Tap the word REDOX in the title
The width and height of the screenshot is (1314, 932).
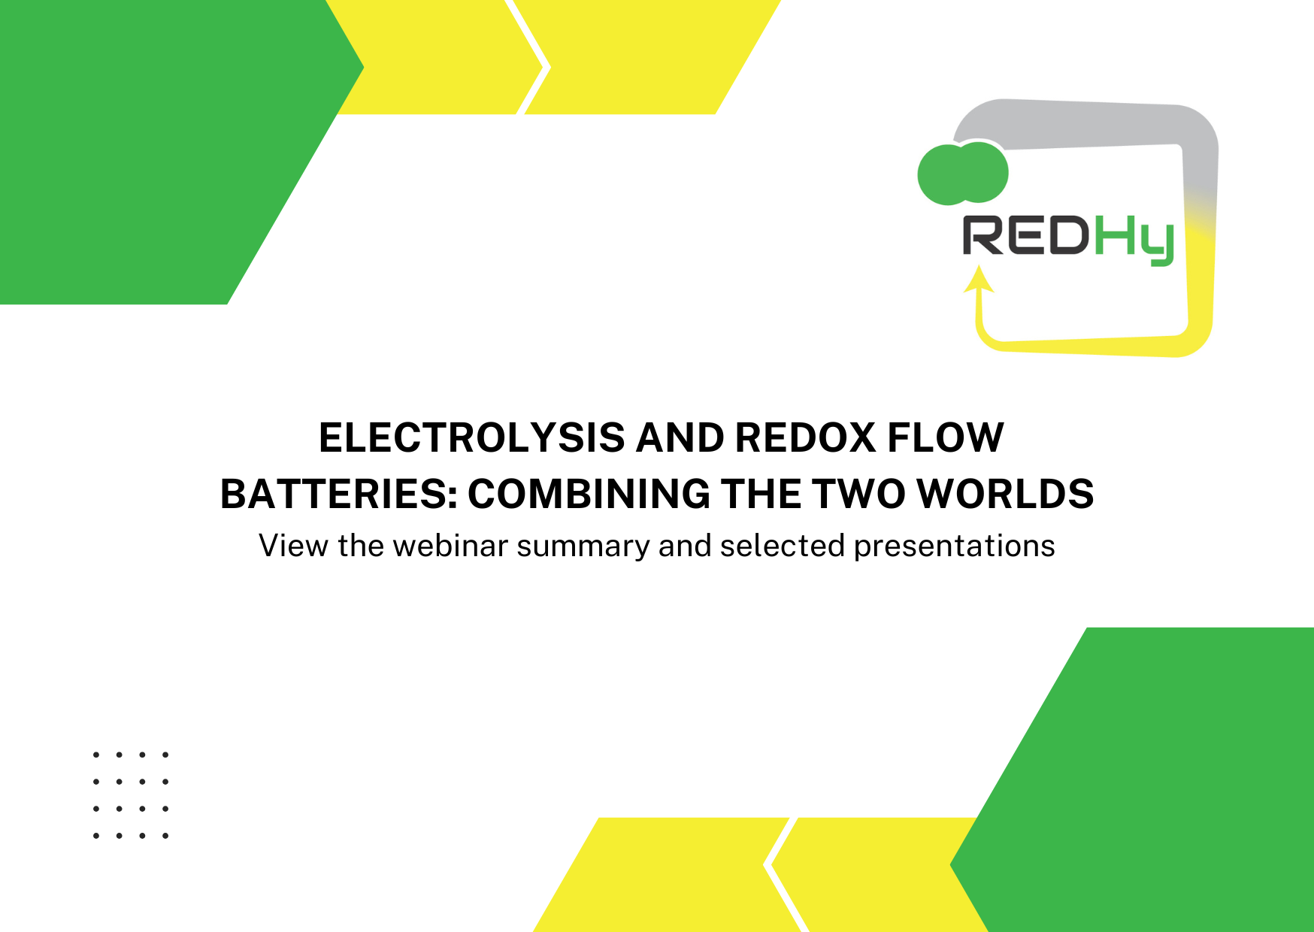coord(805,437)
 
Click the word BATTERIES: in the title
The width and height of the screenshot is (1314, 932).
coord(338,494)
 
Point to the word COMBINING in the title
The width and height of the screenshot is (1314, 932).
coord(589,494)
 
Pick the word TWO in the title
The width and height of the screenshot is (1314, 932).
coord(858,494)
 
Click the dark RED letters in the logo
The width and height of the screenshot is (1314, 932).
coord(1026,235)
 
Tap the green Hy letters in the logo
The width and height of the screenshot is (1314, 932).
coord(1134,241)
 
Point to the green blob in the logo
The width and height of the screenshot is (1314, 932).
coord(963,173)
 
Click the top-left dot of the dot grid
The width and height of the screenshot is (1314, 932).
coord(96,754)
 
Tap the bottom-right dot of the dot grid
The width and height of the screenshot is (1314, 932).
coord(165,835)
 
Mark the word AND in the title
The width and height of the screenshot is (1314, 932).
coord(680,437)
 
